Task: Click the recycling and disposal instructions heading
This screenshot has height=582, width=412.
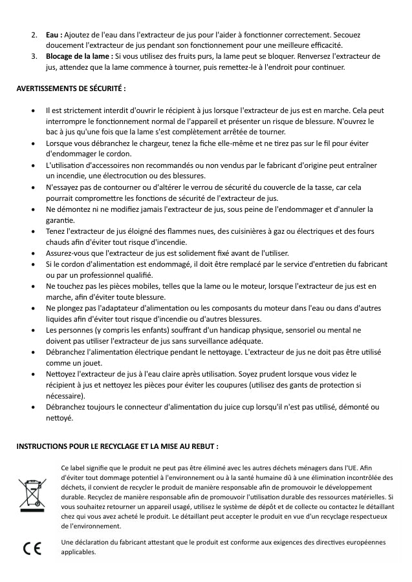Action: pos(117,446)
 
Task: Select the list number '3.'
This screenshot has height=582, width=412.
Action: pos(34,56)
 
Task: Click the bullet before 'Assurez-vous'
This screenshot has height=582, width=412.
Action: pos(32,253)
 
